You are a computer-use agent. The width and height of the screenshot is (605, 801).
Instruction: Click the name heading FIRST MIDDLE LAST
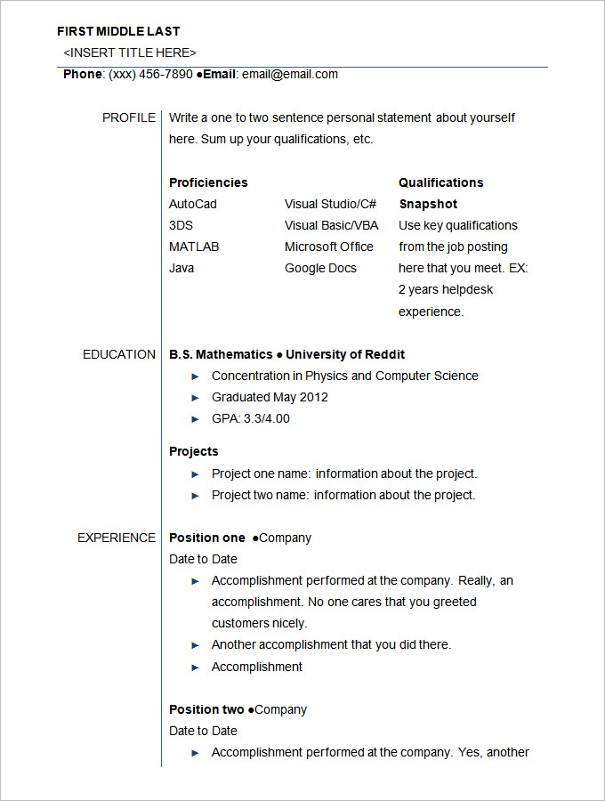(118, 31)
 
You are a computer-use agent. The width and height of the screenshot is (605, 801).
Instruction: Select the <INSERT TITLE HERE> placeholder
(130, 53)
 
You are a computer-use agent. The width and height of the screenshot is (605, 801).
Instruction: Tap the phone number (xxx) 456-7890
(149, 74)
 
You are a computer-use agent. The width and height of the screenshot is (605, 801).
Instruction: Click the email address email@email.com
(290, 74)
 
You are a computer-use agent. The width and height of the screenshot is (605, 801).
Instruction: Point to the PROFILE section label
(128, 117)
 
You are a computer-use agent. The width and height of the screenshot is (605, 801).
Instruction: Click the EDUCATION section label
(119, 354)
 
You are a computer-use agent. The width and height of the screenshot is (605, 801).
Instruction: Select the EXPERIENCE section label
(117, 538)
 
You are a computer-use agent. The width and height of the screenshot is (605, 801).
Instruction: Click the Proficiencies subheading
(208, 182)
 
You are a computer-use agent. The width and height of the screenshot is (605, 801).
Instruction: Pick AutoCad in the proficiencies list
(193, 204)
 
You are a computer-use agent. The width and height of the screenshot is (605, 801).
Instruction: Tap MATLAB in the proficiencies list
(194, 247)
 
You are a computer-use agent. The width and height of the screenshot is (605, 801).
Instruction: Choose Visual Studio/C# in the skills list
(330, 204)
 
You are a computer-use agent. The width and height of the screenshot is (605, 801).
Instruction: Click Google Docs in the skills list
(320, 268)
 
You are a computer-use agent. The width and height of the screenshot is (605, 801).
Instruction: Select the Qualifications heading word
(440, 182)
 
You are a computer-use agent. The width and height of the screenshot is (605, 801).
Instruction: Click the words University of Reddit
(345, 354)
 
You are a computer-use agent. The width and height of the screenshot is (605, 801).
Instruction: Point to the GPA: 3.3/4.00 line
(251, 418)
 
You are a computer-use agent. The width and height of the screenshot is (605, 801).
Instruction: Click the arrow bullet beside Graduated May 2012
(196, 398)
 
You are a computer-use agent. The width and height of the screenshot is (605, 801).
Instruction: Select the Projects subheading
(193, 451)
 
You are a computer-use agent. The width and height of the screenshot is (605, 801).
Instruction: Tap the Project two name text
(260, 495)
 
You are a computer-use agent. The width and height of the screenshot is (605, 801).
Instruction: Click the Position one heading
(206, 538)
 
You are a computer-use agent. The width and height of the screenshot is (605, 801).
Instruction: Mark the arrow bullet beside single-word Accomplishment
(196, 667)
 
